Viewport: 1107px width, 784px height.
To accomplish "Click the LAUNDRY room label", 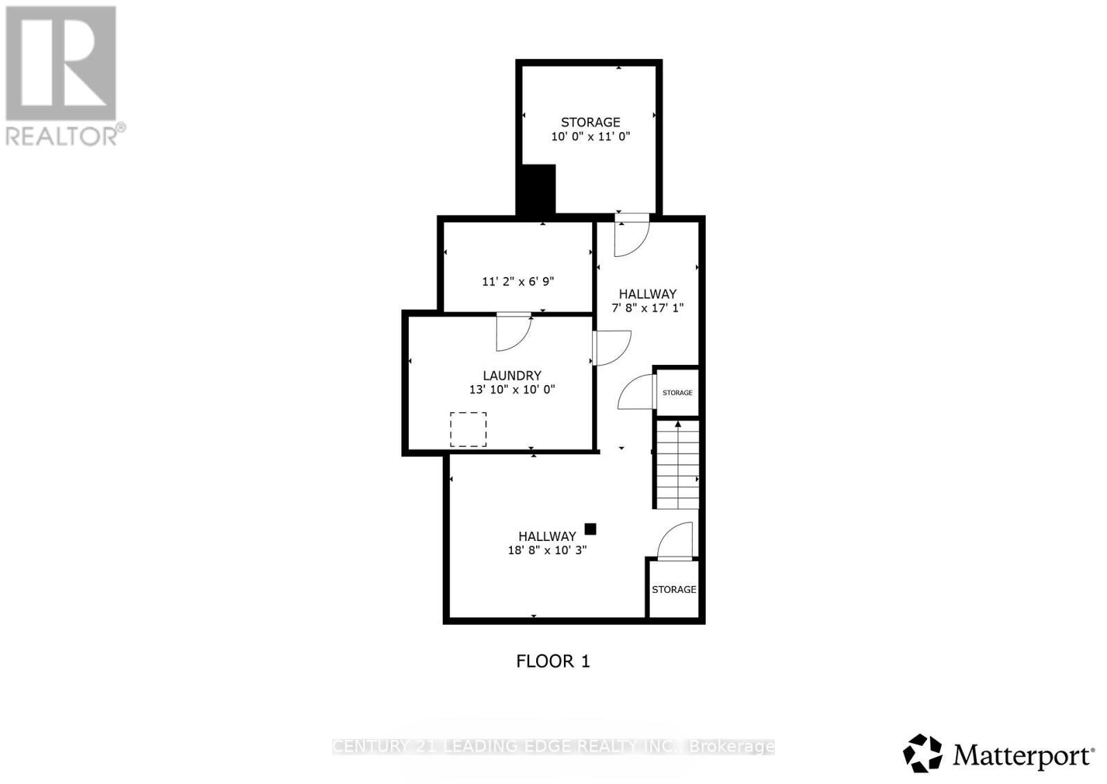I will pos(511,375).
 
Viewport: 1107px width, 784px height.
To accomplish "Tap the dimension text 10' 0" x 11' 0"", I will pos(590,136).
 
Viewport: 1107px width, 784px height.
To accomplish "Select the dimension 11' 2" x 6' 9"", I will pos(518,281).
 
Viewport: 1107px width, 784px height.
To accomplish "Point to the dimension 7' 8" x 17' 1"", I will pos(648,308).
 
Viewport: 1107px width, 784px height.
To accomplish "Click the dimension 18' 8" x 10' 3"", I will pos(547,550).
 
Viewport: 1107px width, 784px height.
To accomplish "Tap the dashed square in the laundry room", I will pos(468,429).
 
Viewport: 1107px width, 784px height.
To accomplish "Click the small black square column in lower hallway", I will pos(590,529).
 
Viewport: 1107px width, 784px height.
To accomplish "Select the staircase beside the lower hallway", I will pos(677,465).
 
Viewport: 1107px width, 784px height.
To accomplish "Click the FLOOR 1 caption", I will pos(553,661).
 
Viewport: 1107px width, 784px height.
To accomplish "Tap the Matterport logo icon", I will pos(922,753).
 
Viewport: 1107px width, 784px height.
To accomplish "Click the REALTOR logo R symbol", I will pos(61,64).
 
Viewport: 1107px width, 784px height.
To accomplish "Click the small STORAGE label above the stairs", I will pos(677,393).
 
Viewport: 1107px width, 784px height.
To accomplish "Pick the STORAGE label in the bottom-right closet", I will pos(673,589).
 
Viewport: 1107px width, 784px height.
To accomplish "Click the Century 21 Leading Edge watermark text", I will pos(553,746).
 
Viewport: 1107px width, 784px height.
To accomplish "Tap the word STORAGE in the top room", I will pos(590,122).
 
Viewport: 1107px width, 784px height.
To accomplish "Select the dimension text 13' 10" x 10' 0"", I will pos(512,389).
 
